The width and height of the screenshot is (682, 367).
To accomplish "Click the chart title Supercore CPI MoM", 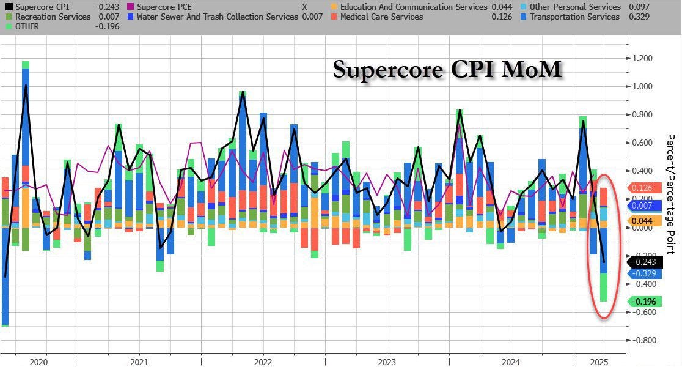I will pos(447,69).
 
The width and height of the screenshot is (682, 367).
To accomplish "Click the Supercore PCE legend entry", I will pos(163,7).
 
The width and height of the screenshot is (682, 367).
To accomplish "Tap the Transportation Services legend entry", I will pos(574,17).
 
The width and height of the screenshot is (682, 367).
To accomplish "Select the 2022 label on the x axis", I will pos(263,361).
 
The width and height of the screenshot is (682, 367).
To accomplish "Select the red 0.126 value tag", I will pos(642,188).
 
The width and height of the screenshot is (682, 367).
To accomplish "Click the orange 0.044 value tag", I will pos(642,221).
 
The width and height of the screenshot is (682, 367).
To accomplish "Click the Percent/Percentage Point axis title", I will pos(670,195).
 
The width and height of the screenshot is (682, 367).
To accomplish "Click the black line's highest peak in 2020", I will pos(26,86).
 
